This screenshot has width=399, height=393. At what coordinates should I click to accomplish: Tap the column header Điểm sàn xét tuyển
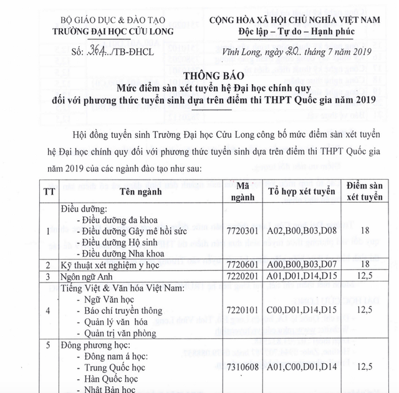(363, 191)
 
